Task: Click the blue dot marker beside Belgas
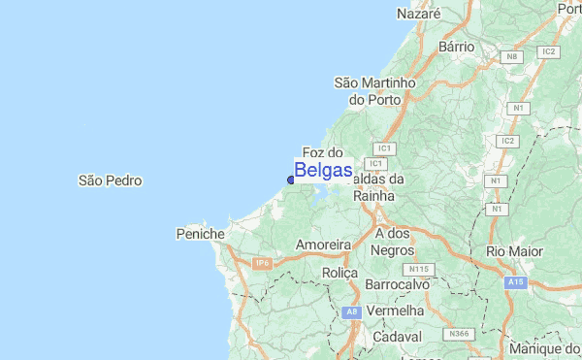291,179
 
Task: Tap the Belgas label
323,171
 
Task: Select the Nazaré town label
419,15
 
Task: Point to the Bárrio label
456,46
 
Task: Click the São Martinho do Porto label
374,91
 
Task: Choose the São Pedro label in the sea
110,180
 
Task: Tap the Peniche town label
201,234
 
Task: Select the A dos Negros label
393,242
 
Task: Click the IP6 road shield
261,263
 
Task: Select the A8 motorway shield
352,311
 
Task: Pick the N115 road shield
420,268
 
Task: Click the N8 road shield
512,56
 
